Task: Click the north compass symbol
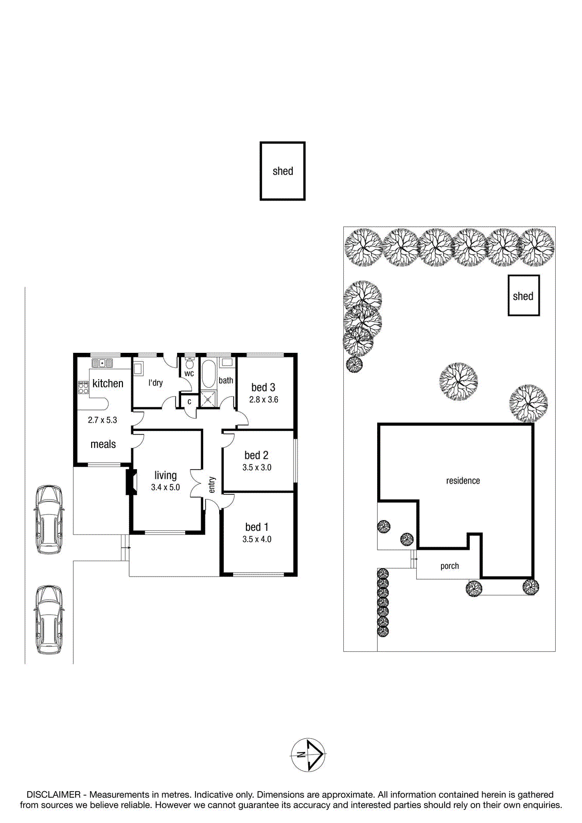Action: pos(308,755)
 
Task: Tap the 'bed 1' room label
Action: pos(256,527)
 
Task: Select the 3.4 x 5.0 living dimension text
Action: pos(166,488)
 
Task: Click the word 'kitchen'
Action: pos(108,383)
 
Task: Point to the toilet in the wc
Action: pos(189,363)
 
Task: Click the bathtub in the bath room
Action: pos(208,373)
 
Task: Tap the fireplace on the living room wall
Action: pos(131,482)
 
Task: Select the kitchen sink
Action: pos(102,363)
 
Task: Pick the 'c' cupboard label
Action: pos(189,402)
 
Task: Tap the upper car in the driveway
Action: pos(48,519)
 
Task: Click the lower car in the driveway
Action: pos(48,619)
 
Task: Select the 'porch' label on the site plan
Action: pos(450,566)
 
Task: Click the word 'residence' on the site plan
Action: pos(463,480)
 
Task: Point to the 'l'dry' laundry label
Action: pos(155,383)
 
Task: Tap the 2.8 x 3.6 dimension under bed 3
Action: pos(263,399)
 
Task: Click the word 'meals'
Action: pos(103,444)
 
